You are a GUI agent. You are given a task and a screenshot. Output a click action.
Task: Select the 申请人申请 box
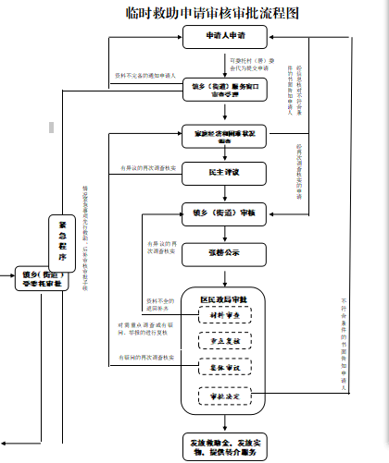[x=224, y=36]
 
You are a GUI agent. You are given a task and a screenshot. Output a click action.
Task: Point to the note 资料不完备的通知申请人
[x=145, y=72]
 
